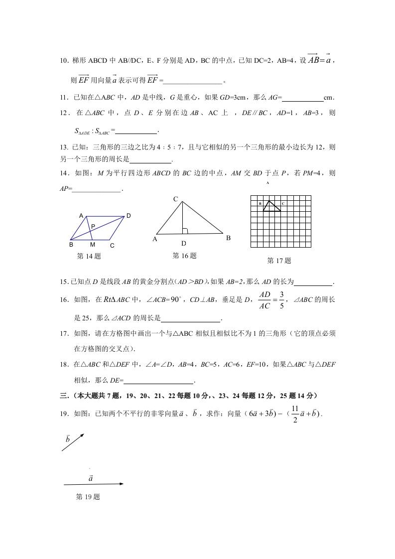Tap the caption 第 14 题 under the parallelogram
click(89, 257)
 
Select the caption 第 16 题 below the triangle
click(184, 256)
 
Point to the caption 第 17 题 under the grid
click(279, 261)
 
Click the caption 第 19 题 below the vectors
click(88, 497)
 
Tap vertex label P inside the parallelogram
click(93, 226)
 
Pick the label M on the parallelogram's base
click(93, 245)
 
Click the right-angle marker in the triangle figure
click(185, 231)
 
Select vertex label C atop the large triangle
click(175, 199)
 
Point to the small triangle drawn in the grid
click(270, 206)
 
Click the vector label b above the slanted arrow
click(68, 439)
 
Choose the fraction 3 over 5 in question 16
click(281, 300)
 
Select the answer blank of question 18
click(158, 382)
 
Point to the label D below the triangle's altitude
click(184, 244)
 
